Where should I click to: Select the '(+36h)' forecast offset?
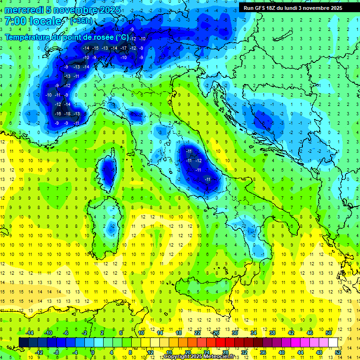pyautogui.click(x=81, y=21)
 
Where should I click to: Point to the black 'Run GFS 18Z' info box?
pyautogui.click(x=293, y=7)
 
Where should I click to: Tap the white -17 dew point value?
pyautogui.click(x=123, y=48)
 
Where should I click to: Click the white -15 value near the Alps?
pyautogui.click(x=95, y=48)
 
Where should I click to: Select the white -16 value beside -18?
pyautogui.click(x=58, y=114)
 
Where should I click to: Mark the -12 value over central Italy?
pyautogui.click(x=198, y=160)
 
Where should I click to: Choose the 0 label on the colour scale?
pyautogui.click(x=92, y=352)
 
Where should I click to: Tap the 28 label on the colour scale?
pyautogui.click(x=225, y=352)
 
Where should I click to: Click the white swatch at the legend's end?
pyautogui.click(x=333, y=342)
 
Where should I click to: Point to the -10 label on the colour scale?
pyautogui.click(x=48, y=332)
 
